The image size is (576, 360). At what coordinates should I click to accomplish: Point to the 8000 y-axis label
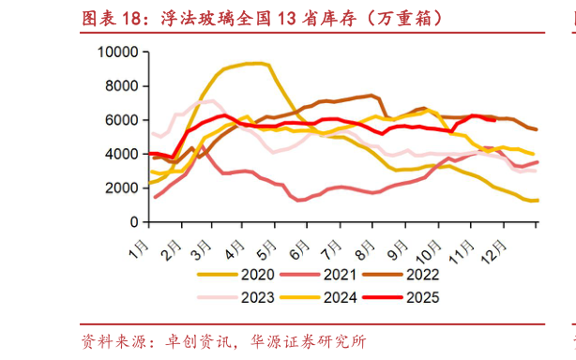120,86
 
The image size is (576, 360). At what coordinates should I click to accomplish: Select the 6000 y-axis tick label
120,120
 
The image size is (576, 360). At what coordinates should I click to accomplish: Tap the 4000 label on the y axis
120,154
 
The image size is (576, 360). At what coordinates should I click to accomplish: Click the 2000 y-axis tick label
120,187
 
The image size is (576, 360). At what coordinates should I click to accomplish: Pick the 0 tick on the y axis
133,222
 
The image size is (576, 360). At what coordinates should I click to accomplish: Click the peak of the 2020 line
255,63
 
